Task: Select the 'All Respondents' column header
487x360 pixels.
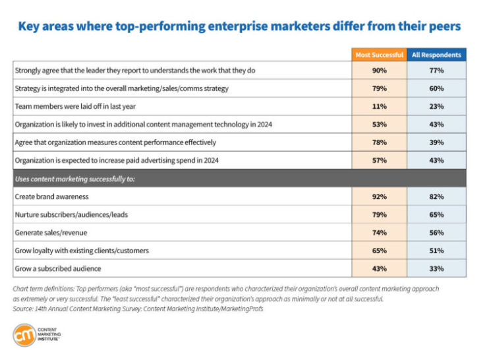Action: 436,55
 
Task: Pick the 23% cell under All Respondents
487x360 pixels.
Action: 436,105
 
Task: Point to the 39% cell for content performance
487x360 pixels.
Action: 436,141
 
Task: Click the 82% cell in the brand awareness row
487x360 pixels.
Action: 436,196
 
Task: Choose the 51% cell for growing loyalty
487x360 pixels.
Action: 436,250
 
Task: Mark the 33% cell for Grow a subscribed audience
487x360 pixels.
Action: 436,268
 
